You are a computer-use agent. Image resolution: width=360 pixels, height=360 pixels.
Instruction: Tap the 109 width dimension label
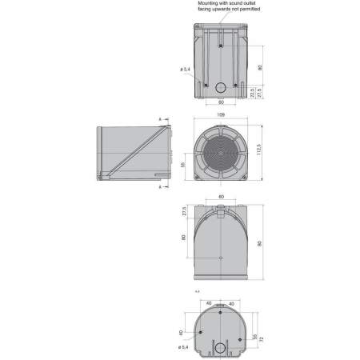point(219,114)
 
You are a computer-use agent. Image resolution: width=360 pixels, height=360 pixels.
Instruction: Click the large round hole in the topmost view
point(220,86)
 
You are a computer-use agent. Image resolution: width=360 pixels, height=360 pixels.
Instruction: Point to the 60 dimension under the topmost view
point(220,103)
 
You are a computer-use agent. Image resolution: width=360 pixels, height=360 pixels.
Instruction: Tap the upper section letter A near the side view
point(161,120)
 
